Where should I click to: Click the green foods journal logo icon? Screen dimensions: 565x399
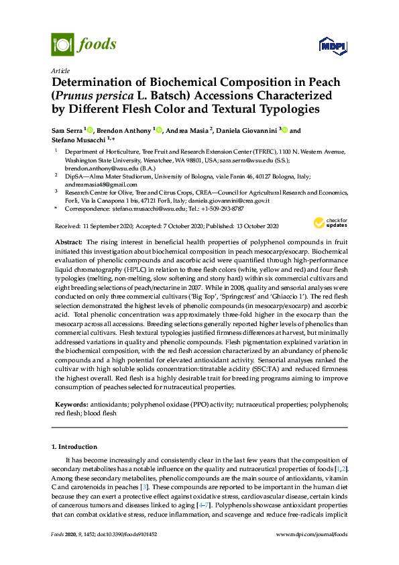coord(62,45)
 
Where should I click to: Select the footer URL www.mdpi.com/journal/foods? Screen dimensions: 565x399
coord(312,533)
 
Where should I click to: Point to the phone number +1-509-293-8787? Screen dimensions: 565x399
coord(221,209)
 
